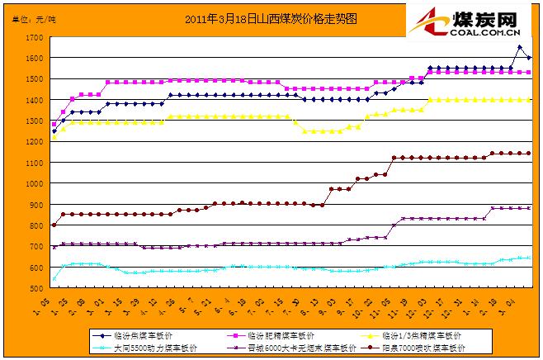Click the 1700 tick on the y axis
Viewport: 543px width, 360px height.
34,38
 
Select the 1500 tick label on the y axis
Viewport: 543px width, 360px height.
34,80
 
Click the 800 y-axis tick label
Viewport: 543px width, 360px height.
36,226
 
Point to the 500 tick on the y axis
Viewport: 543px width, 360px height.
36,289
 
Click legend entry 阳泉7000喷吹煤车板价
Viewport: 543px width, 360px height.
416,348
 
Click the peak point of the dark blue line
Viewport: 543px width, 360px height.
519,47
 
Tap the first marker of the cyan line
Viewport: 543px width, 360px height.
54,279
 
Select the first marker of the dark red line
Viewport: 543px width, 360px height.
54,225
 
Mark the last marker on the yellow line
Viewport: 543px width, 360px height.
528,100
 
